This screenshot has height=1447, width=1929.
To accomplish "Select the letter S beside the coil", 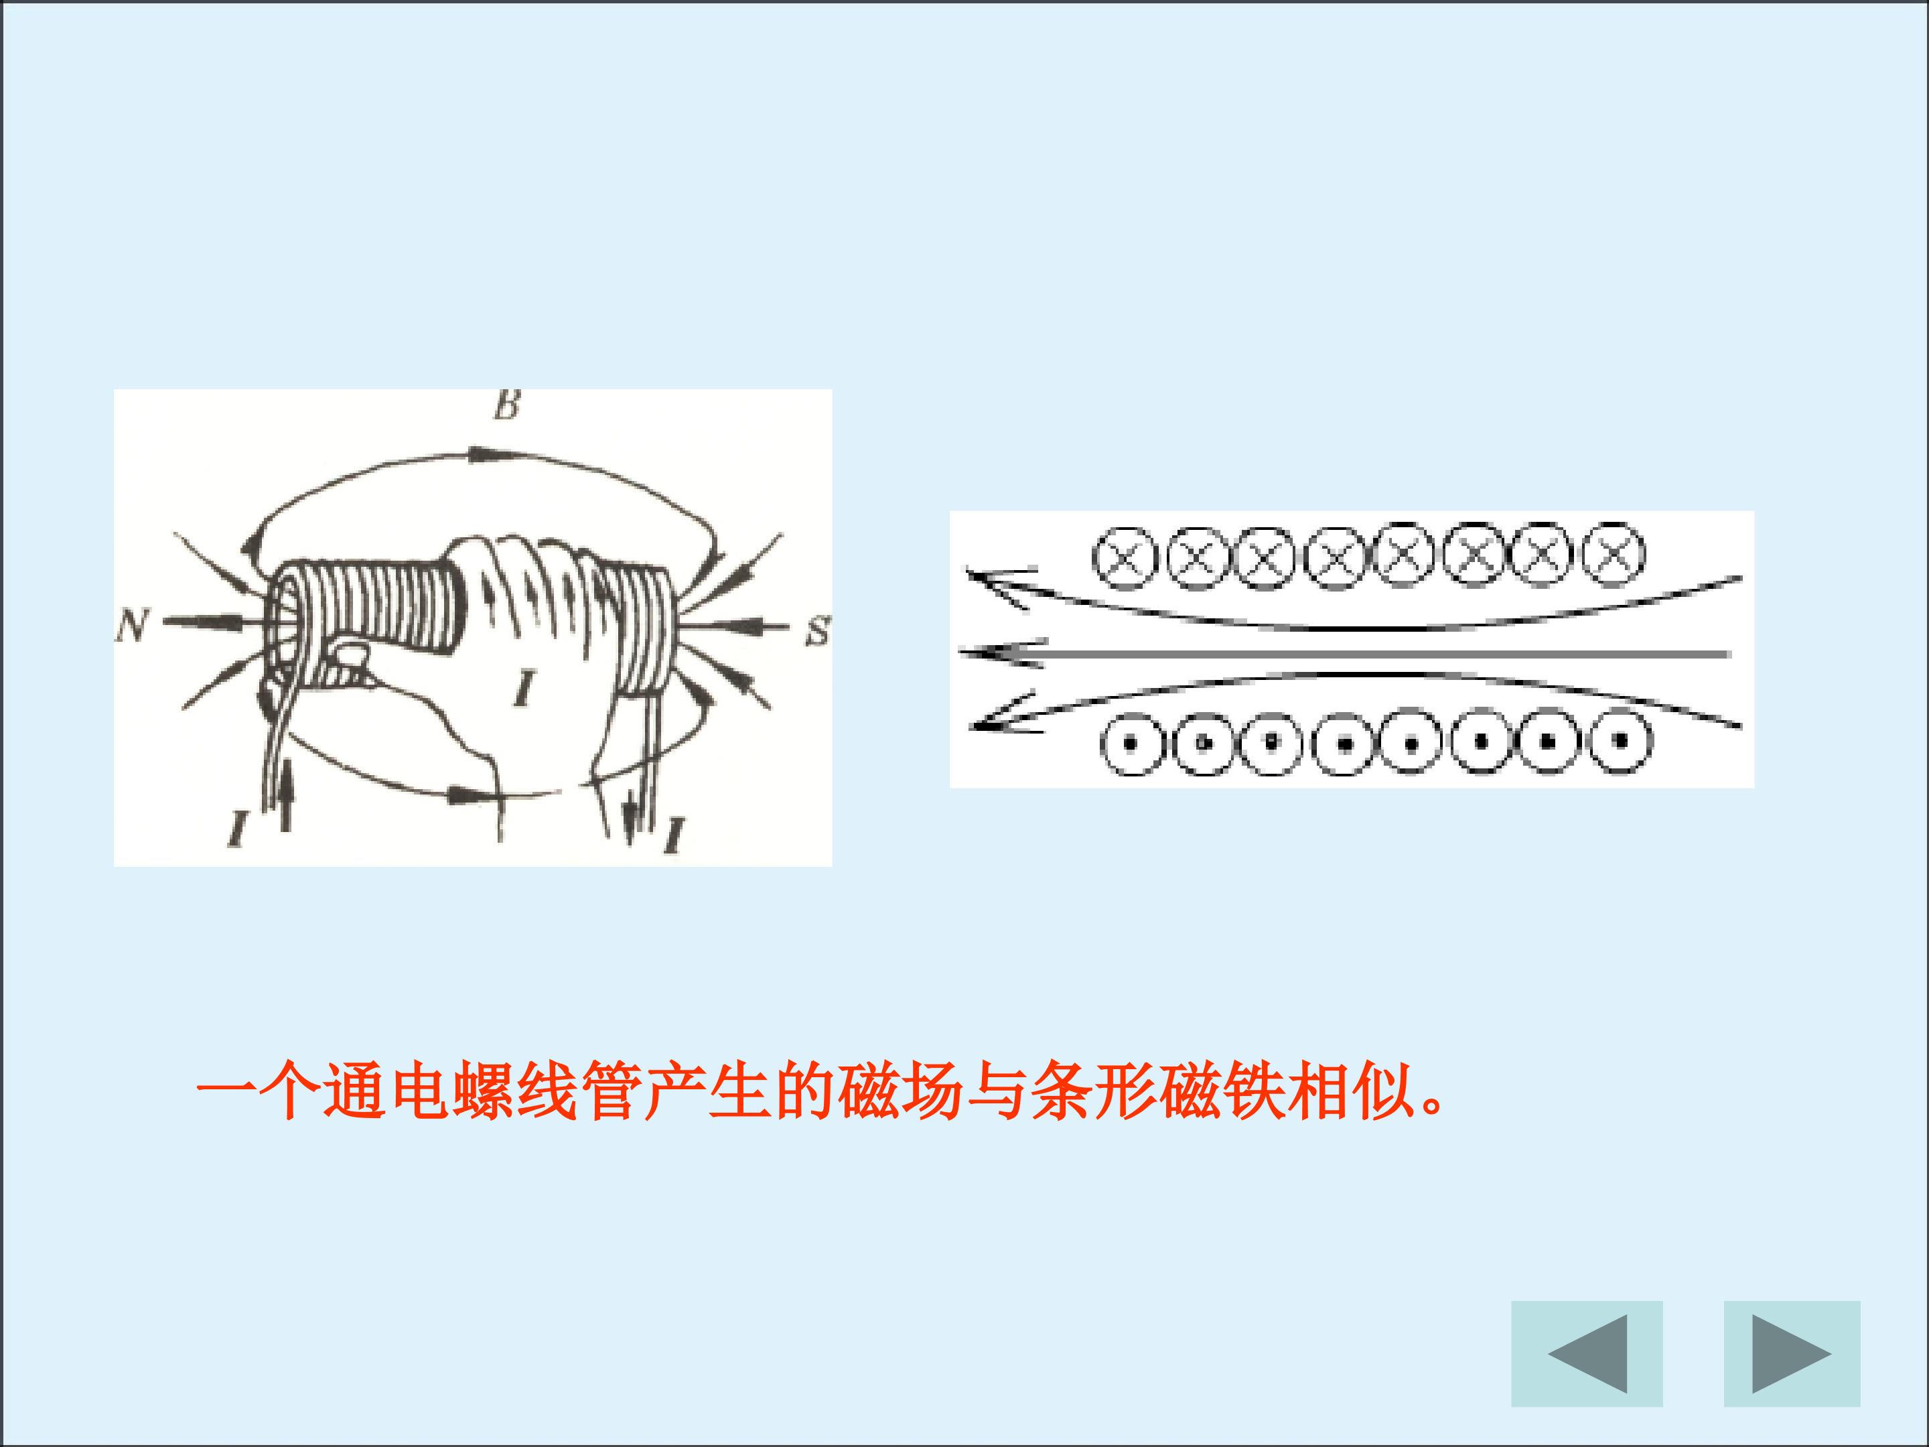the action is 818,630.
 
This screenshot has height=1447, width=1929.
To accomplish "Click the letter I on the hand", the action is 524,687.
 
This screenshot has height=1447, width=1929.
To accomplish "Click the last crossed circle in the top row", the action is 1614,554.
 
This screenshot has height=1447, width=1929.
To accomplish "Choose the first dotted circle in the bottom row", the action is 1130,744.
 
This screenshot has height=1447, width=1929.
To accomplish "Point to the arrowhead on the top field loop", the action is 486,454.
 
